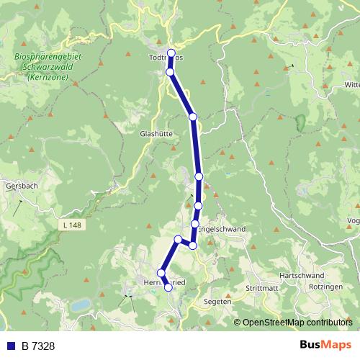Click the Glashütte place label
coord(156,133)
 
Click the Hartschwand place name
coord(297,276)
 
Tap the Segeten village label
coord(217,302)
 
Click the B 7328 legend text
coord(38,346)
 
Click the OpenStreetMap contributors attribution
coord(297,322)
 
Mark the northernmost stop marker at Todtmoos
coord(171,53)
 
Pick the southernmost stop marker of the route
coord(168,287)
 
